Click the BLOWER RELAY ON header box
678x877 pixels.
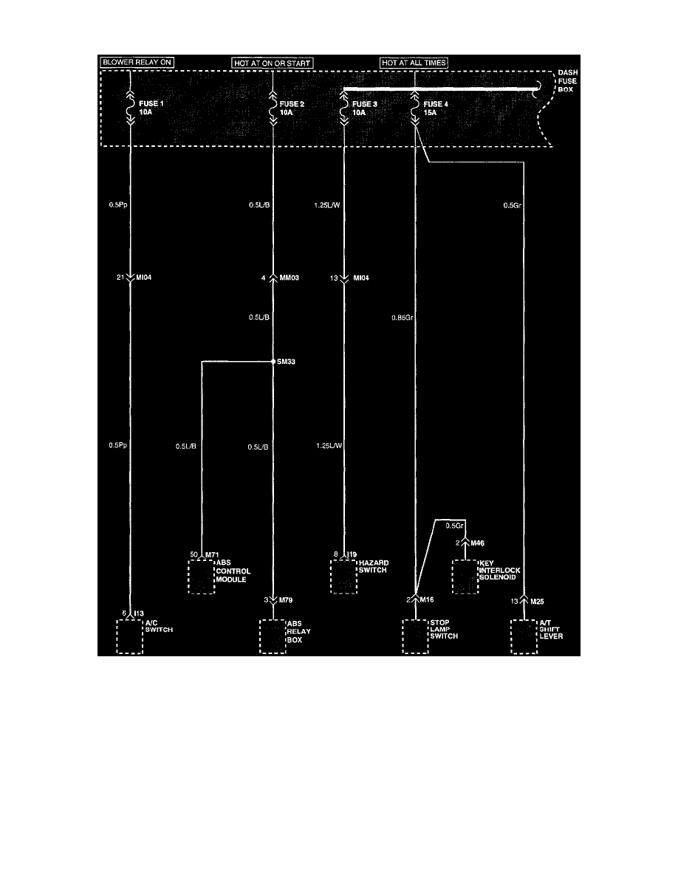(x=137, y=63)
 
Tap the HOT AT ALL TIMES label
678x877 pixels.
(x=414, y=63)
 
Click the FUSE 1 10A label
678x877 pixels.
(x=151, y=109)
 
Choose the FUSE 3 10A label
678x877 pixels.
(x=365, y=109)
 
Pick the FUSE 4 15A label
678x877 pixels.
(x=435, y=109)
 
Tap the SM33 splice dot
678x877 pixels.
(x=273, y=362)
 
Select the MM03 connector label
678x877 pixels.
(x=290, y=278)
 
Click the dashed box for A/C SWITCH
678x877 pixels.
(x=129, y=636)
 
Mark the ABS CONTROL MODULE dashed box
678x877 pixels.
(x=200, y=577)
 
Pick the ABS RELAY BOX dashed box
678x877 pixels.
(x=272, y=636)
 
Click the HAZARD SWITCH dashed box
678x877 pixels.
(x=343, y=577)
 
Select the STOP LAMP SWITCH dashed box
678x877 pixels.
(x=414, y=636)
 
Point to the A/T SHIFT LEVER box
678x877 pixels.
(x=524, y=636)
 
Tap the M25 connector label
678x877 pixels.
(x=538, y=601)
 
